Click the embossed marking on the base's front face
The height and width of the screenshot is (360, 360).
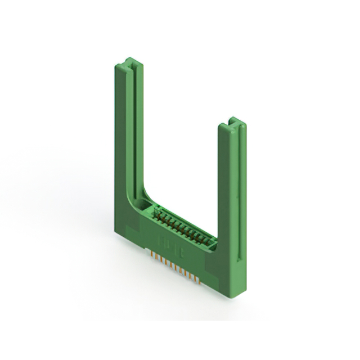click(169, 243)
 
